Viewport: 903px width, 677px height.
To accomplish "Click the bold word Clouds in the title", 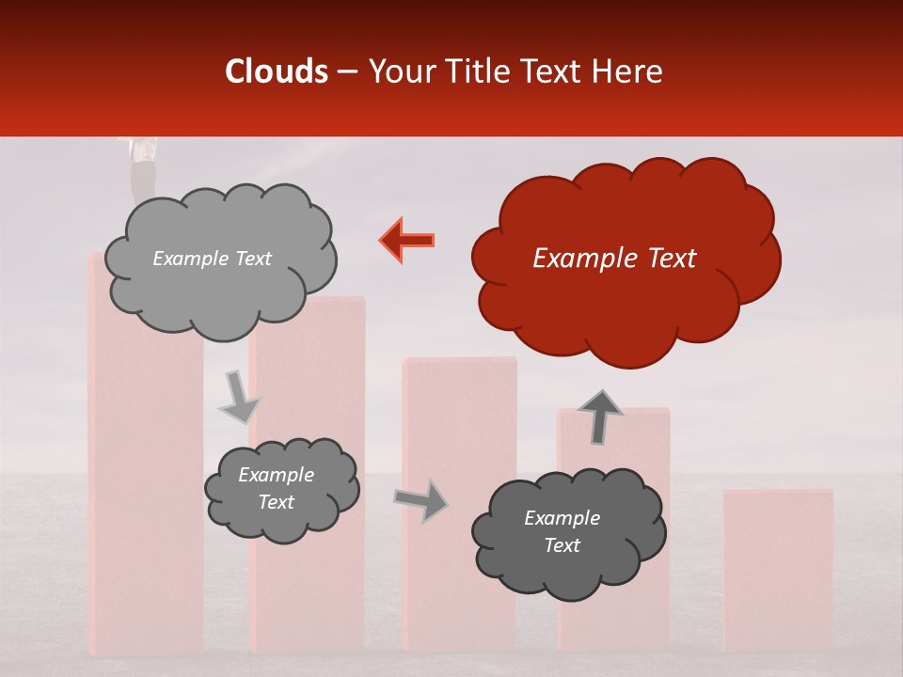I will click(x=277, y=71).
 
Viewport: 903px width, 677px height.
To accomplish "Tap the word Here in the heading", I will click(x=627, y=71).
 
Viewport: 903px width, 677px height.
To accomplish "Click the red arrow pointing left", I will click(x=407, y=240).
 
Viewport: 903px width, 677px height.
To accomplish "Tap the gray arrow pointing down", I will click(x=239, y=399).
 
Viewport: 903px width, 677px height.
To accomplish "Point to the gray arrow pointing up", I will click(x=599, y=417).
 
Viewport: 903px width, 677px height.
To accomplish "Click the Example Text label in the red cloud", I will click(x=614, y=259).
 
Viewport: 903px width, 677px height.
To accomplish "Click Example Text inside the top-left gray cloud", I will click(x=212, y=259).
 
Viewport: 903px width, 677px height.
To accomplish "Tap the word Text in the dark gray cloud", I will click(x=562, y=545).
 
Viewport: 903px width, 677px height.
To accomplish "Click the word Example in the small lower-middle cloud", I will click(x=276, y=475).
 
